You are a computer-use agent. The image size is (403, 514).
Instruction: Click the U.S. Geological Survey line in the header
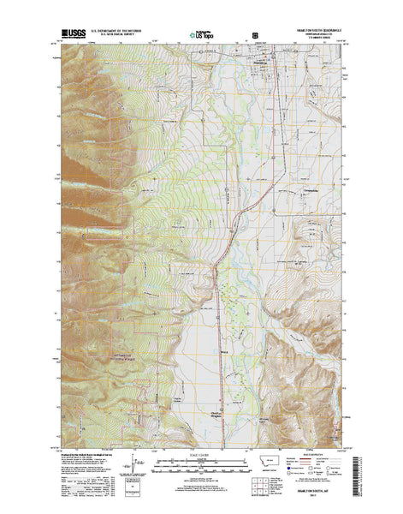tap(123, 37)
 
